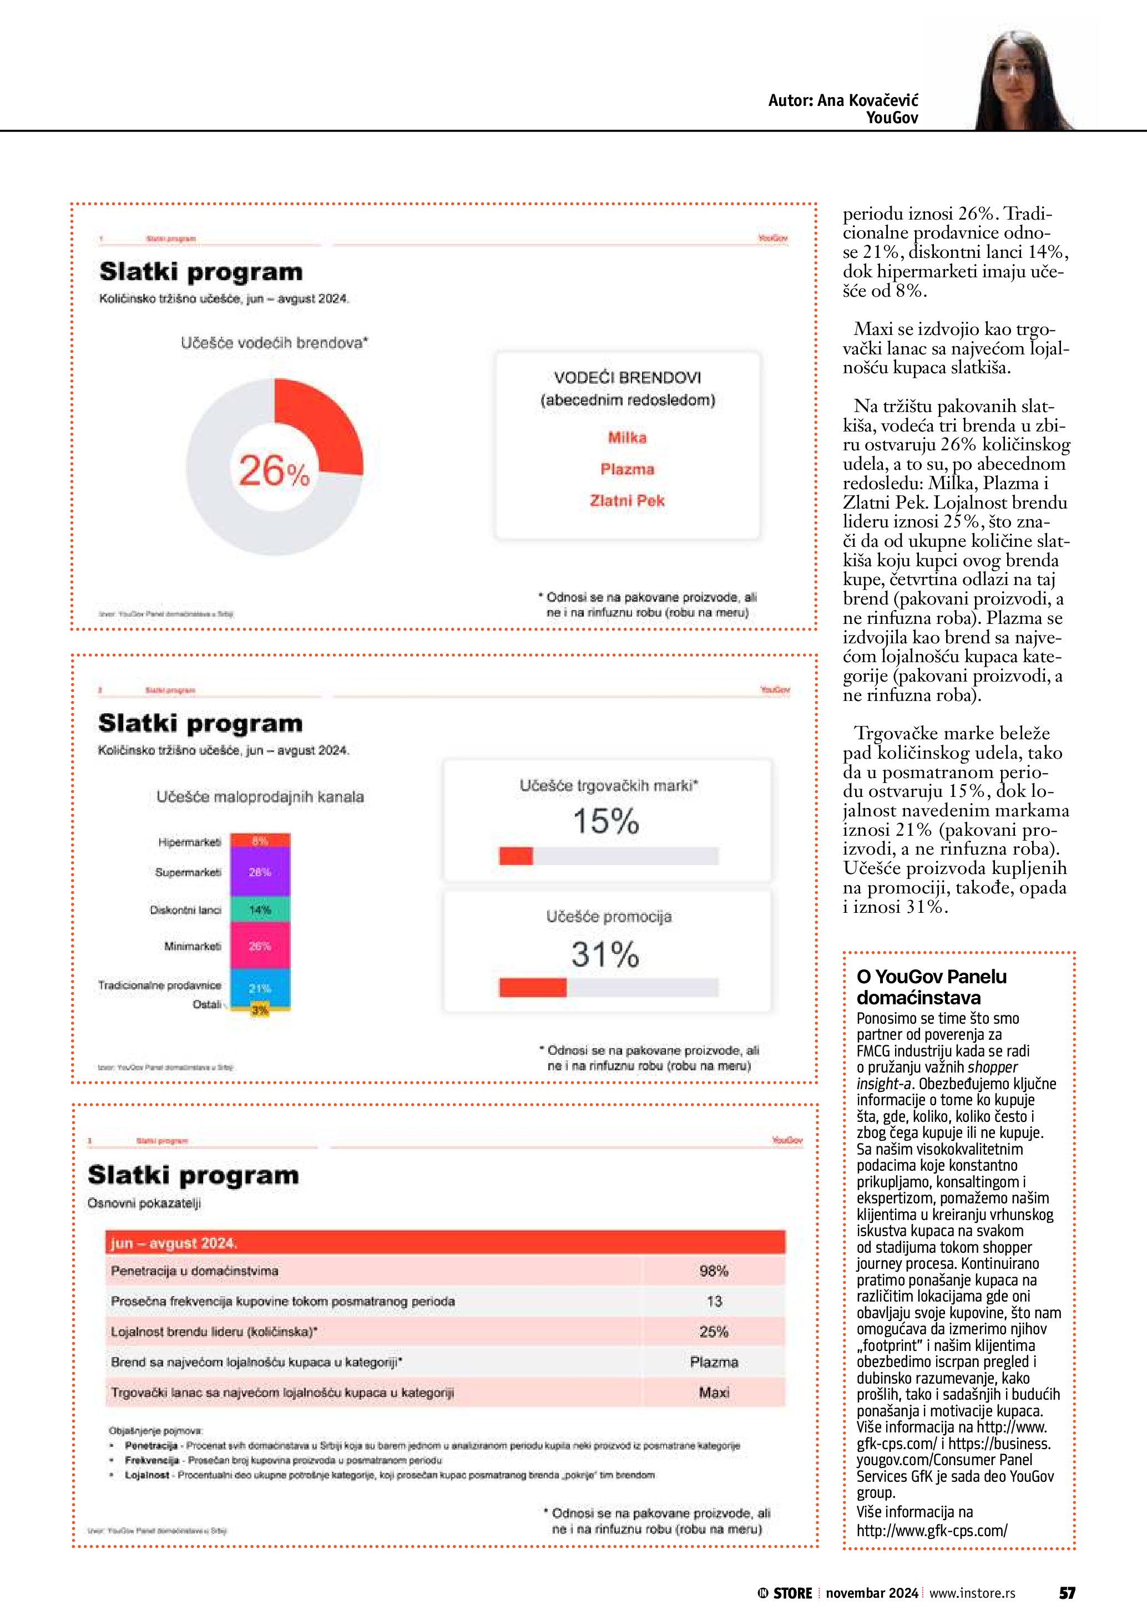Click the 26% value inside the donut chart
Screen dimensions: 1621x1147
[x=274, y=470]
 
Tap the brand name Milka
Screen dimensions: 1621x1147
[x=627, y=438]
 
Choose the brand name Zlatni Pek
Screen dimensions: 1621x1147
[x=627, y=501]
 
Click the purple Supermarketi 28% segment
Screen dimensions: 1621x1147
[x=260, y=873]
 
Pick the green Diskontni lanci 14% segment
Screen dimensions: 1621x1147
[x=260, y=910]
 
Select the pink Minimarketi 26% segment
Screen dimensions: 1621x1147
[x=260, y=946]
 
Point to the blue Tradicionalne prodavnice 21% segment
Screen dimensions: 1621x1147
[x=260, y=988]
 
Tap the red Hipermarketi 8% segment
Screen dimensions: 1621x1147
[x=260, y=841]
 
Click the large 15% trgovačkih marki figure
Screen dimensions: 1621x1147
[x=605, y=821]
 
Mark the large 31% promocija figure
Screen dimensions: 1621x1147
[x=605, y=954]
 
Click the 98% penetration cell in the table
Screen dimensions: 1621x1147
[x=714, y=1271]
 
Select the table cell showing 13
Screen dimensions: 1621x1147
[x=714, y=1301]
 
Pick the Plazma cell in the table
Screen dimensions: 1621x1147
[x=714, y=1362]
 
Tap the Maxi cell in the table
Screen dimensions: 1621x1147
[x=714, y=1393]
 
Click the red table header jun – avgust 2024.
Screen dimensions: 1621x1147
[x=445, y=1243]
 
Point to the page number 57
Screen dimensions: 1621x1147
[x=1067, y=1593]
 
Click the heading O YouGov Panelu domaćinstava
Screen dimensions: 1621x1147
[x=931, y=987]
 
